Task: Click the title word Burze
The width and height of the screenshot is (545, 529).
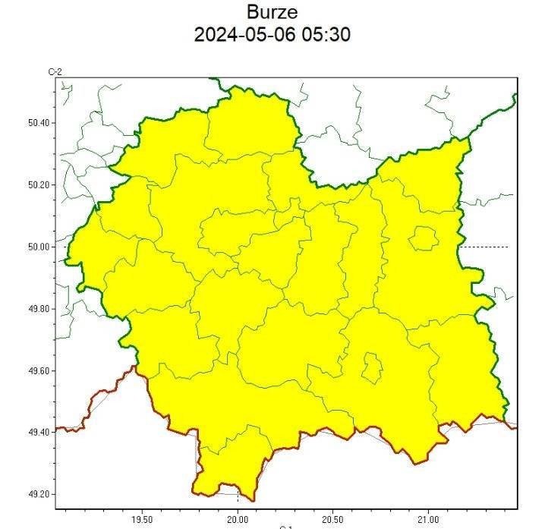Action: tap(272, 12)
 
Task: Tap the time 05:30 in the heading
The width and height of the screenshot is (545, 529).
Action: tap(328, 35)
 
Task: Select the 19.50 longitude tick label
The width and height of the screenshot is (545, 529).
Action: tap(142, 520)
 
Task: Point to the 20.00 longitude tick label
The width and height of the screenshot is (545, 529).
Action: tap(238, 520)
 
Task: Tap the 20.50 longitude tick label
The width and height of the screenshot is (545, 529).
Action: tap(332, 520)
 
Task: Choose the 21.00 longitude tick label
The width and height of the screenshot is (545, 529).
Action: tap(428, 520)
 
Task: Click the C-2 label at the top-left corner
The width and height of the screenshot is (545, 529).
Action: tap(55, 71)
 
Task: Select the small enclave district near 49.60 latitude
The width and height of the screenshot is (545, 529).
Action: tap(372, 368)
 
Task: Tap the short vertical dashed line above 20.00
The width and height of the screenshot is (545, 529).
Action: tap(238, 496)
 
